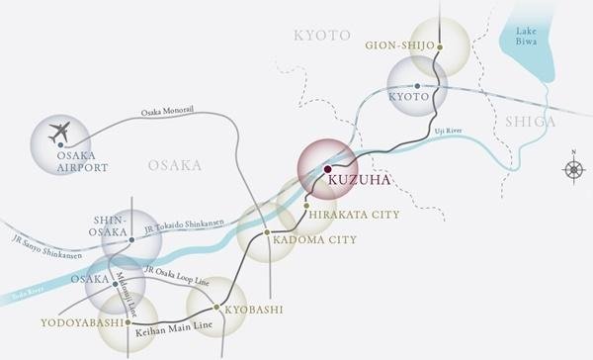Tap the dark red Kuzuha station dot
[327, 169]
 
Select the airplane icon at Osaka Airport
[60, 131]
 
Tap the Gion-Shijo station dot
[441, 46]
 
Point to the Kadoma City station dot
[267, 234]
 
